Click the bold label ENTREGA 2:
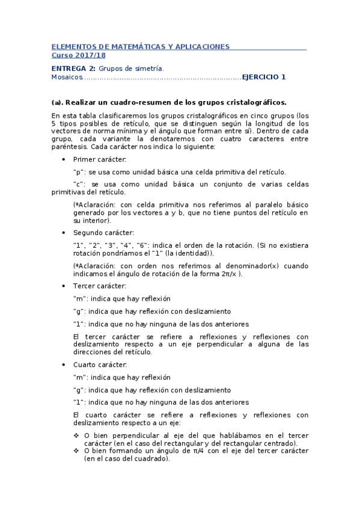(x=73, y=69)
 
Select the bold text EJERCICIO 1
(x=264, y=77)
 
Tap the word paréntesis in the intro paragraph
(x=69, y=147)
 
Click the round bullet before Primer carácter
(x=64, y=159)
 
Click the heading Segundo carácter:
(x=100, y=233)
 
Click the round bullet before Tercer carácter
(x=64, y=286)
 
